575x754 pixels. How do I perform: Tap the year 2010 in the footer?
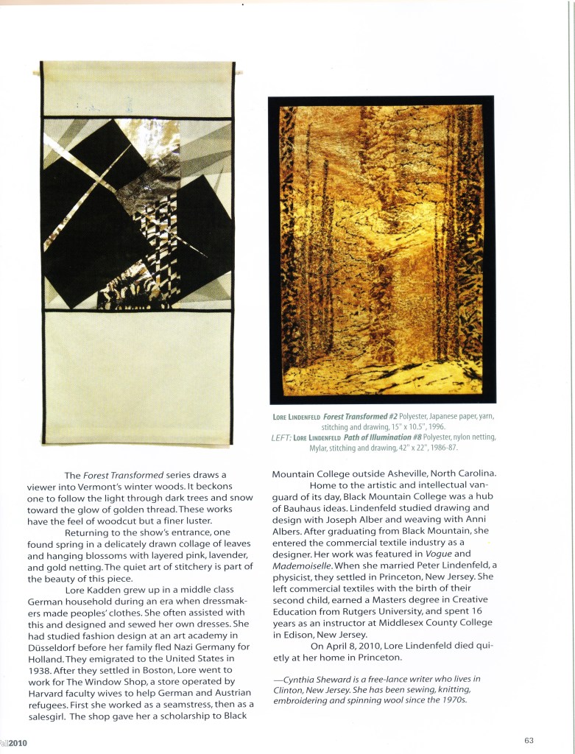(18, 744)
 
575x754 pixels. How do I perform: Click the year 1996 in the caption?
(434, 427)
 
